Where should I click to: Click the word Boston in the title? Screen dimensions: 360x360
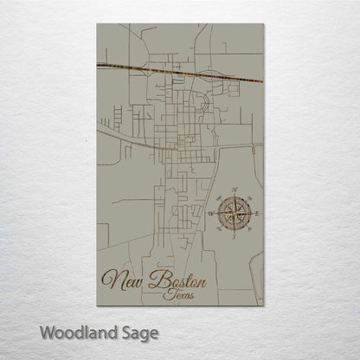click(177, 280)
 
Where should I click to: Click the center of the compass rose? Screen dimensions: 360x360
click(235, 211)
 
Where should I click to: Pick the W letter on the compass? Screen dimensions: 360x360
click(212, 211)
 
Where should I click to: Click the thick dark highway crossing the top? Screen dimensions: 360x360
click(173, 72)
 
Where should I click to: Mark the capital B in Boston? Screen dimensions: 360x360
click(157, 279)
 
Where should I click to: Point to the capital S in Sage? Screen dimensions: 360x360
click(120, 331)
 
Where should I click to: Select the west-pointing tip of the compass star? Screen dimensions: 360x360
click(217, 211)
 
